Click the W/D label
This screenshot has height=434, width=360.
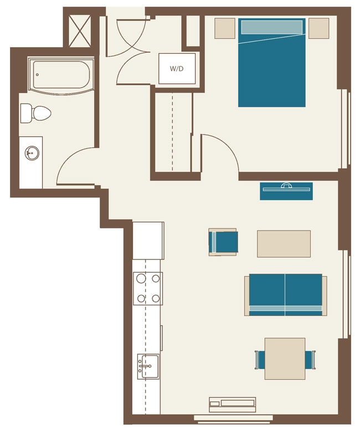pyautogui.click(x=177, y=69)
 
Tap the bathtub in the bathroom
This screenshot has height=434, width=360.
pyautogui.click(x=61, y=75)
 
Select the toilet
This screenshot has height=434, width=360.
pyautogui.click(x=36, y=114)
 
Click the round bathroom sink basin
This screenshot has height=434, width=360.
pyautogui.click(x=32, y=152)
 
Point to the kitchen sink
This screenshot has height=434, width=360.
pyautogui.click(x=148, y=366)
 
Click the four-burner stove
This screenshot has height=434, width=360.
pyautogui.click(x=148, y=288)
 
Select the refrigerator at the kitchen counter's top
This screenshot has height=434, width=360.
pyautogui.click(x=148, y=240)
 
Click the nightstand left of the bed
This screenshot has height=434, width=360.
pyautogui.click(x=225, y=28)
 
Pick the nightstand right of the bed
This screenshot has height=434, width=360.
pyautogui.click(x=319, y=28)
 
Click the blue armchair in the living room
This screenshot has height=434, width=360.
pyautogui.click(x=223, y=242)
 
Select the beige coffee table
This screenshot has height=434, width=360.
pyautogui.click(x=284, y=244)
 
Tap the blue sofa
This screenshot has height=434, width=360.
pyautogui.click(x=285, y=294)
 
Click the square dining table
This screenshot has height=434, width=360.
pyautogui.click(x=285, y=359)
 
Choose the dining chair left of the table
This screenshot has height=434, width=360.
pyautogui.click(x=259, y=359)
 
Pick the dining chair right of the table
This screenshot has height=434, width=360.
pyautogui.click(x=311, y=359)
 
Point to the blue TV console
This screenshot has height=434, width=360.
pyautogui.click(x=286, y=191)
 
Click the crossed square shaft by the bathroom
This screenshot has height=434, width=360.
pyautogui.click(x=79, y=28)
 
